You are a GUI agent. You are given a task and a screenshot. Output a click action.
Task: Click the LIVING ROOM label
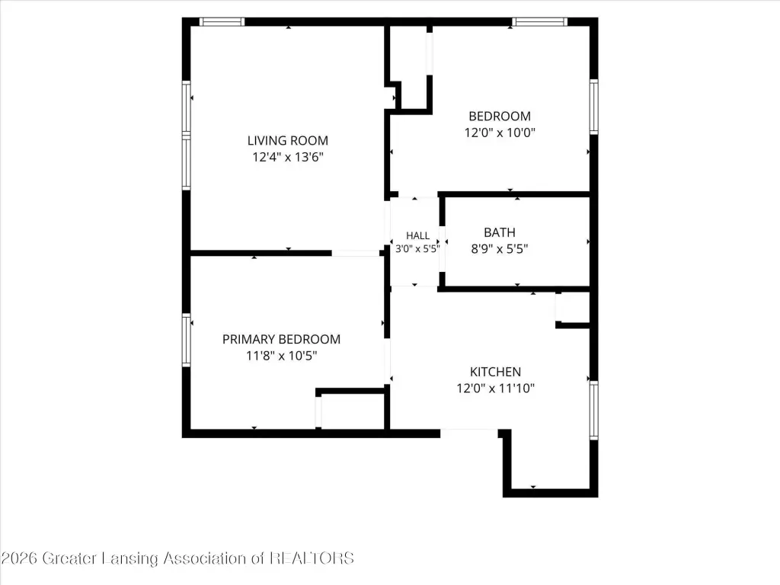[287, 141]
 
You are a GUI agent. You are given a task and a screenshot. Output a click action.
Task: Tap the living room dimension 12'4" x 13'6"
[287, 157]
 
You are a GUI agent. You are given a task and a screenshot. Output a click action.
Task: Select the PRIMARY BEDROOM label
[281, 339]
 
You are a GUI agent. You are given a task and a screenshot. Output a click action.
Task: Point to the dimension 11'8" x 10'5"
[281, 356]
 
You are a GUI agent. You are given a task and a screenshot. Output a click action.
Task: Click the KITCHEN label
[495, 372]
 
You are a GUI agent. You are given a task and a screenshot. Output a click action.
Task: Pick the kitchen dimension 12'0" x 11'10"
[495, 388]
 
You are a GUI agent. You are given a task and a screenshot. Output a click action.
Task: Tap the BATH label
[500, 232]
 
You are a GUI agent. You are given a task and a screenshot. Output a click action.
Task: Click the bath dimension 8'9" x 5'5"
[500, 249]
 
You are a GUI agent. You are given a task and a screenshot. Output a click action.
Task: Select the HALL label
[417, 236]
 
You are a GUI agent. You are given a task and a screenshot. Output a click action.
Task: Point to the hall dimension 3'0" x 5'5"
[417, 248]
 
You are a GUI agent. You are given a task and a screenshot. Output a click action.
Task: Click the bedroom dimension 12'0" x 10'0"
[500, 133]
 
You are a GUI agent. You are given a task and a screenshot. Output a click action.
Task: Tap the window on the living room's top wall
[222, 22]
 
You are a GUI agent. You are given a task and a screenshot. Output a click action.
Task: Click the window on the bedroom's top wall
[540, 22]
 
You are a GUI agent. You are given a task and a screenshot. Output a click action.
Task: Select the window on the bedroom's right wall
[593, 107]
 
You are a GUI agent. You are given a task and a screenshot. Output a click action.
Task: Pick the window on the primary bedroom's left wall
[187, 340]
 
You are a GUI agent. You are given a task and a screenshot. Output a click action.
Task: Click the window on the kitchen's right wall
[593, 410]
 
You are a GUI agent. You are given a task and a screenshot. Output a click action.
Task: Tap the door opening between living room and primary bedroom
[356, 254]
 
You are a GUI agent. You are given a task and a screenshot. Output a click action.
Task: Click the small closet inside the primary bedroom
[352, 411]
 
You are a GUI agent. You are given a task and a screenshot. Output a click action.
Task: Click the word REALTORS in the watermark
[312, 558]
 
